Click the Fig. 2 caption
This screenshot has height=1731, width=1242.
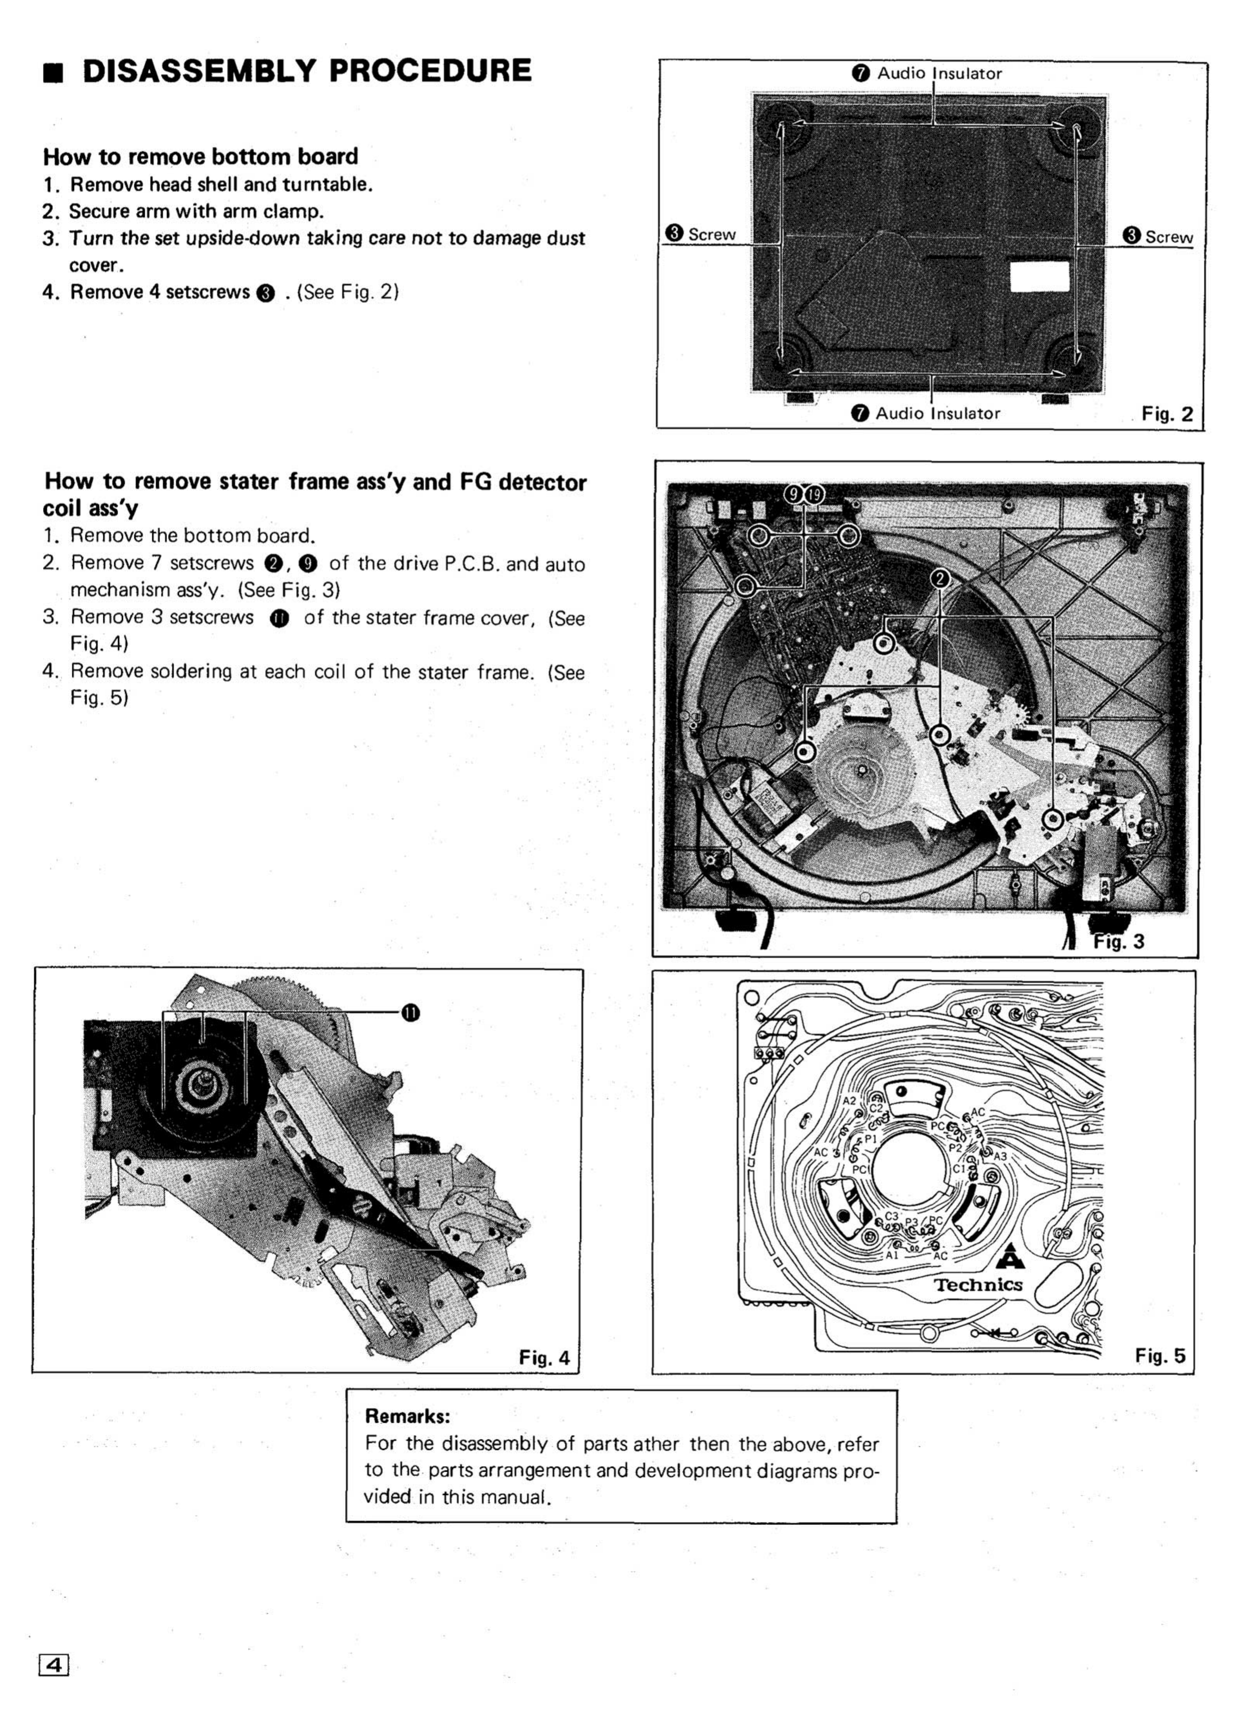click(1166, 415)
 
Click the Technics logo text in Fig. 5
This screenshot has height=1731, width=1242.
click(978, 1285)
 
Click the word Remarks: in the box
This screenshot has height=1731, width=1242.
click(407, 1416)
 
